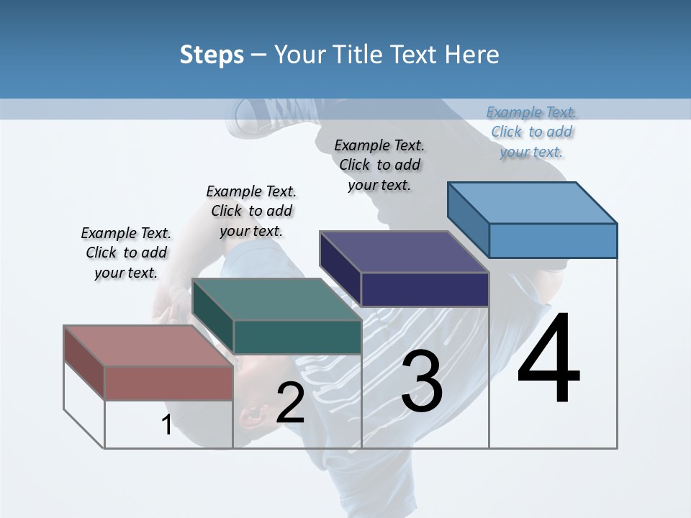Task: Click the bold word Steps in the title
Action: [212, 55]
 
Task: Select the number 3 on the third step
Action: [422, 381]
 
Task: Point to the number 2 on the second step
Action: [290, 403]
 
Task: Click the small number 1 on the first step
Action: [166, 425]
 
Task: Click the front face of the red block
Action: [168, 383]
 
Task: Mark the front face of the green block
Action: [297, 337]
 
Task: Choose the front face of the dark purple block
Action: [425, 290]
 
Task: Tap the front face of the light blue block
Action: [553, 240]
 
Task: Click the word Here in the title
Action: [472, 55]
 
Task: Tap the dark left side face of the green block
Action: [213, 317]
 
